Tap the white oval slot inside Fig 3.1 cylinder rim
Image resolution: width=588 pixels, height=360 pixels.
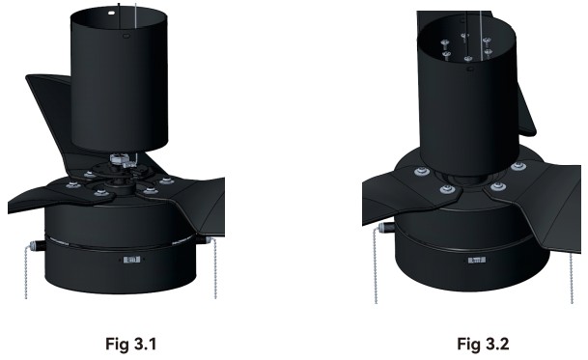[111, 12]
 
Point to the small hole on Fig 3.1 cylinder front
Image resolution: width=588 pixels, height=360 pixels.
[126, 36]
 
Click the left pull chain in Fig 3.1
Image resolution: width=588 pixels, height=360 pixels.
[26, 271]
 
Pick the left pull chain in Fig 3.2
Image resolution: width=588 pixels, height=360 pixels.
[375, 267]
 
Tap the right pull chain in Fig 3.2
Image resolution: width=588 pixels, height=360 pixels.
[572, 278]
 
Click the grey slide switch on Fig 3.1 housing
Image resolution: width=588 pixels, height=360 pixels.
[131, 260]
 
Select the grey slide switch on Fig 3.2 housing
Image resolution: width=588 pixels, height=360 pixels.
[477, 260]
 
